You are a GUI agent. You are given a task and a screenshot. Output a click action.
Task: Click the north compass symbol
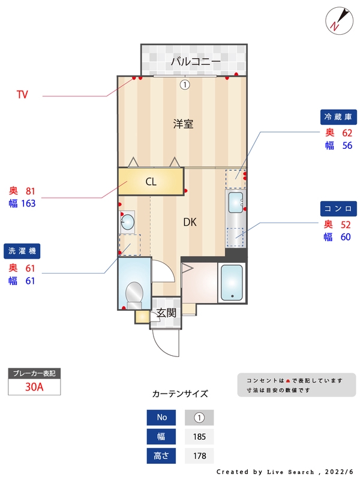[337, 20]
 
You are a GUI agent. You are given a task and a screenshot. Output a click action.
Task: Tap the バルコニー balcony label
[195, 61]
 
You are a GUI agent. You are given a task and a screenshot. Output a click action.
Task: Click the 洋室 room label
[183, 124]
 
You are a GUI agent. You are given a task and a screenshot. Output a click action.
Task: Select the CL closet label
[151, 182]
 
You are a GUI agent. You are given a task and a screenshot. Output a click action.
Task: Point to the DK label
[190, 222]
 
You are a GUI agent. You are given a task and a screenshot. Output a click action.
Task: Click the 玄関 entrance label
[166, 313]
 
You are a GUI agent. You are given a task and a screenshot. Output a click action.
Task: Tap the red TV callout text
[22, 94]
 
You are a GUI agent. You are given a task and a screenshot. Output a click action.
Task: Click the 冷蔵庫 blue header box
[338, 116]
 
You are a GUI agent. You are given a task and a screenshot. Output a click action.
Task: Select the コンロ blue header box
[338, 208]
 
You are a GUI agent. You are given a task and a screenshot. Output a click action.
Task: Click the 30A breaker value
[34, 387]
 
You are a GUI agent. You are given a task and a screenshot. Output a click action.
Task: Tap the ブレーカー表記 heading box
[34, 373]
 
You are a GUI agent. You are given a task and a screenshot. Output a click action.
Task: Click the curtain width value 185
[199, 437]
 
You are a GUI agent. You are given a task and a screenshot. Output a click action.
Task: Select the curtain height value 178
[199, 456]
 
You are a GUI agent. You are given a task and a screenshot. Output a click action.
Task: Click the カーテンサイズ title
[180, 394]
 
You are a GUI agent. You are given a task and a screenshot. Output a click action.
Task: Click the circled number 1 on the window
[185, 85]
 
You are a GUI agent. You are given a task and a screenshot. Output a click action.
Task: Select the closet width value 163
[28, 203]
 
